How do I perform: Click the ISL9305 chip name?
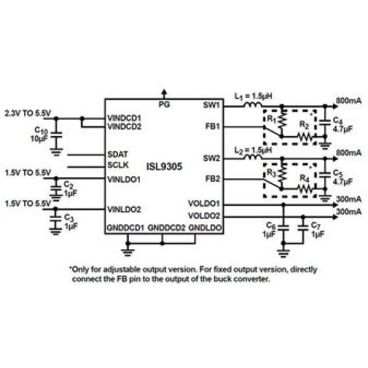click(x=164, y=167)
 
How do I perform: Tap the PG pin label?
click(x=164, y=104)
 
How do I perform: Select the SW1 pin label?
click(x=211, y=106)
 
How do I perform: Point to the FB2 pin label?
click(x=213, y=179)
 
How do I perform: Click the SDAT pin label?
click(x=117, y=154)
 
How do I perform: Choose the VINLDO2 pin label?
click(x=124, y=209)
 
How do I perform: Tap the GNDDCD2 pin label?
click(x=167, y=227)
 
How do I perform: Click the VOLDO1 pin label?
click(x=204, y=203)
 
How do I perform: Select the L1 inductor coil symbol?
click(x=253, y=105)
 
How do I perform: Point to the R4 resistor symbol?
click(x=306, y=189)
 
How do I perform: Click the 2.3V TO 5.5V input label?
click(x=28, y=113)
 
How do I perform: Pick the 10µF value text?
click(x=39, y=139)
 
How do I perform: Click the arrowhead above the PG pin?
click(x=165, y=91)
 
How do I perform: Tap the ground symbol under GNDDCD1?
click(x=128, y=252)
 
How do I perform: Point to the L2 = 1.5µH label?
click(x=253, y=150)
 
